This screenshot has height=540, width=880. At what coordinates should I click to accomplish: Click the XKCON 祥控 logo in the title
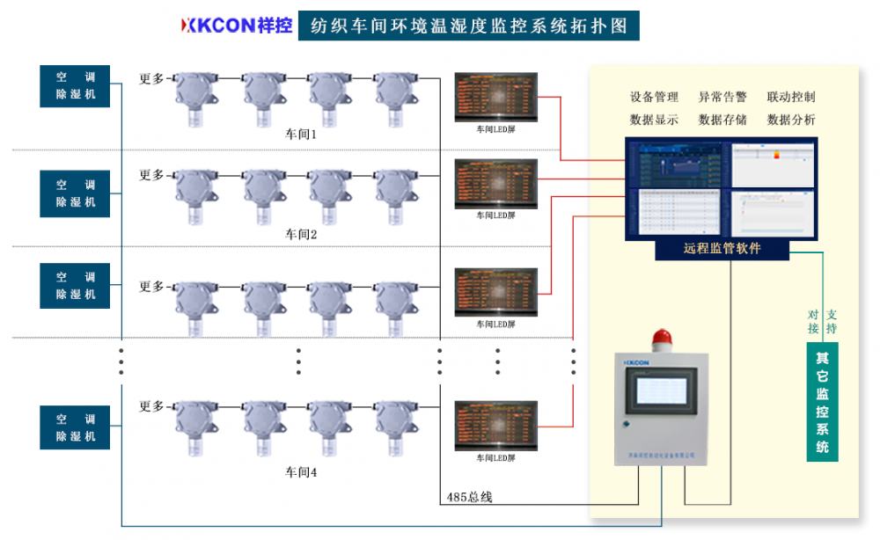[236, 25]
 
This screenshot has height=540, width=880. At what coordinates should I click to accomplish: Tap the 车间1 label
[300, 135]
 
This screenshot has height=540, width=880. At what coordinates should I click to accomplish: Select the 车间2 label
[300, 235]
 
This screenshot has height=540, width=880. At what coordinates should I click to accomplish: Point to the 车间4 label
[300, 472]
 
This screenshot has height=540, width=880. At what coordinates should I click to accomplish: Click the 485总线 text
[469, 497]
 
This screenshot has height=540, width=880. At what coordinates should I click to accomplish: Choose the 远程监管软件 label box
[722, 249]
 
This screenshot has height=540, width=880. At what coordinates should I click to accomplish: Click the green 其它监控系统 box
[822, 403]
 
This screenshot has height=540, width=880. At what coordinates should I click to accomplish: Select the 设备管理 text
[654, 98]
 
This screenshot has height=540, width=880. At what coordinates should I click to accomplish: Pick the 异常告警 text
[722, 98]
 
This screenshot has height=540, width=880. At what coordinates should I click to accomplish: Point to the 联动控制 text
[790, 98]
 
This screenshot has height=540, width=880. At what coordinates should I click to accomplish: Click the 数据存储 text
[722, 120]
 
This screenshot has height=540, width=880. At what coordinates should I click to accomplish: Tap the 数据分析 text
[790, 120]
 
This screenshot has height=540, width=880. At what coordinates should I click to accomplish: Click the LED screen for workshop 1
[495, 96]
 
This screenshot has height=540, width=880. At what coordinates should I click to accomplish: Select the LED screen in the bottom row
[495, 425]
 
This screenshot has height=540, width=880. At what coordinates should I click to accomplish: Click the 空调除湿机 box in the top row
[75, 86]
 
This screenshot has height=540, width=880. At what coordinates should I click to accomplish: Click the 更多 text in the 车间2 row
[151, 175]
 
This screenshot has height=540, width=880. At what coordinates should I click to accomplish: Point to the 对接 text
[813, 321]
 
